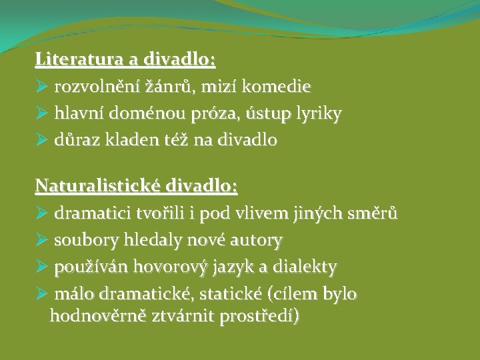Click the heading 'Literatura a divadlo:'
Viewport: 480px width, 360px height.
(125, 60)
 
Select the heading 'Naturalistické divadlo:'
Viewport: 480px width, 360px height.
(137, 185)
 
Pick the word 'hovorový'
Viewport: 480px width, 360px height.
(165, 267)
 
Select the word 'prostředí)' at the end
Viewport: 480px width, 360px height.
(261, 316)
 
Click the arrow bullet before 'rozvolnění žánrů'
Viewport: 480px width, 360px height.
(42, 87)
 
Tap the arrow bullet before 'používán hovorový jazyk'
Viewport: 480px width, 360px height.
(42, 267)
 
